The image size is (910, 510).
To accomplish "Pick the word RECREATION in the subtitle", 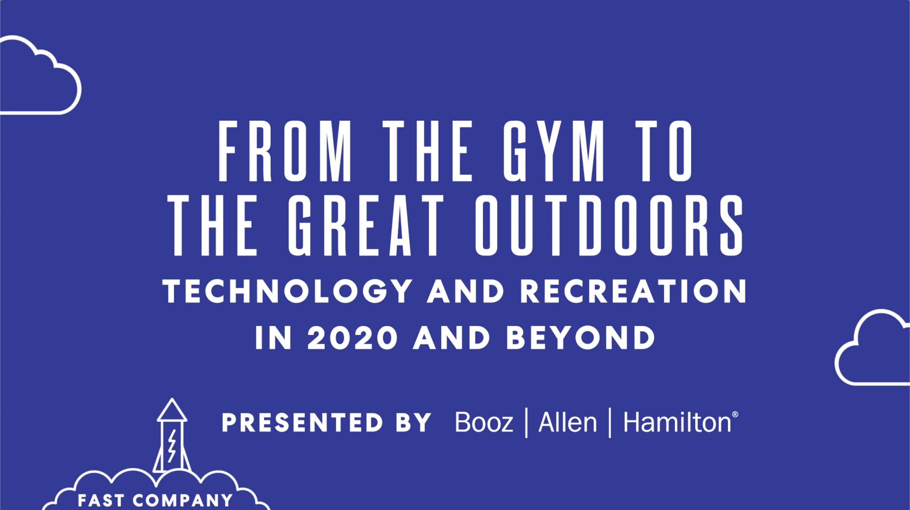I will [x=633, y=291].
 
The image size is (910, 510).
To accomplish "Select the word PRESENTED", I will [x=302, y=423].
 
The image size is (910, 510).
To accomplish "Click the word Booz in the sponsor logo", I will [x=484, y=423].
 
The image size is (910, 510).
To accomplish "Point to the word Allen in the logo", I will [x=567, y=423].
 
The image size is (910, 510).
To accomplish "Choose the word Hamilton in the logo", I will [x=677, y=423].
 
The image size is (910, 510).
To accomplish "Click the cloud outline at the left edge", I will [x=39, y=76].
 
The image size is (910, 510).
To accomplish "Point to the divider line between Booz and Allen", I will [x=527, y=423].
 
